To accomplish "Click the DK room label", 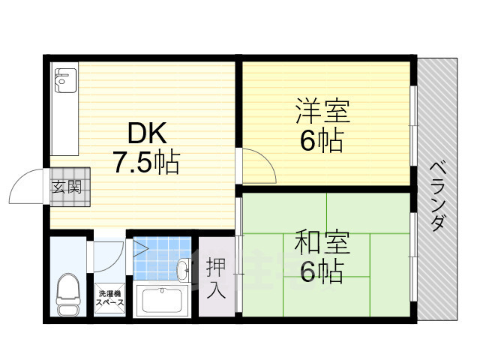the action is point(147,133).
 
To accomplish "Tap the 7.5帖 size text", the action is point(147,162).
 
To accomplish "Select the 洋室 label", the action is point(322,110).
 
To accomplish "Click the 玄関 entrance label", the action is point(67,187).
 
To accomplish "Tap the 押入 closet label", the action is point(217,278).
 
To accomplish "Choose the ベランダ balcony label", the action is point(438,196).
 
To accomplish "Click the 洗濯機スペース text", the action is point(110,298).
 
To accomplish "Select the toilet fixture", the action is point(68,294).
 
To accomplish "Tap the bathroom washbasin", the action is point(183,269).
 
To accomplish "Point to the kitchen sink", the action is point(65,80).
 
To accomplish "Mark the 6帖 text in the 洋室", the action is point(321,141).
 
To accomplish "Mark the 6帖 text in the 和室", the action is point(321,271).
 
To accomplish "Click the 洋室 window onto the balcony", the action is point(413,126).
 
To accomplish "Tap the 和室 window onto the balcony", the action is point(413,257).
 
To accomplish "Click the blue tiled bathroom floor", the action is point(162,258).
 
